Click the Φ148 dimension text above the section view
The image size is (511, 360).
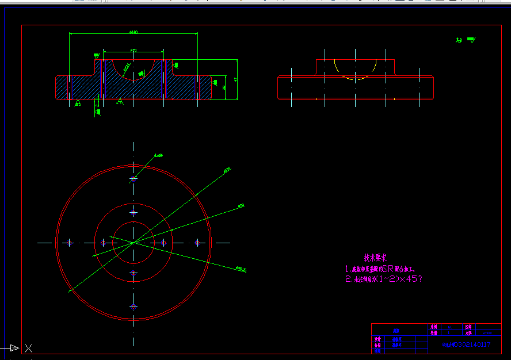coord(134,32)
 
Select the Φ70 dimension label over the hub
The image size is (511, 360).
coord(134,51)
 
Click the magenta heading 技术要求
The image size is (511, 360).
coord(376,258)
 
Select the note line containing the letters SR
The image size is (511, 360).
coord(380,269)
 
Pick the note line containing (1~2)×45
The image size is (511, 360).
coord(384,279)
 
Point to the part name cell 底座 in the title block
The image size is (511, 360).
coord(396,331)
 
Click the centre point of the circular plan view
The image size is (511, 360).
coord(134,243)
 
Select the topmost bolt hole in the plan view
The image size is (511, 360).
coord(134,178)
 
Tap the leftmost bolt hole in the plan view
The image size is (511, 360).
coord(70,243)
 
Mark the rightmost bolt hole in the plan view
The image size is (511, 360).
coord(197,243)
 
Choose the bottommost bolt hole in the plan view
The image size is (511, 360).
coord(134,307)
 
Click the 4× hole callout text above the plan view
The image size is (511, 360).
coord(158,155)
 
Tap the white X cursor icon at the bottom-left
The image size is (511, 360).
coord(28,348)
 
